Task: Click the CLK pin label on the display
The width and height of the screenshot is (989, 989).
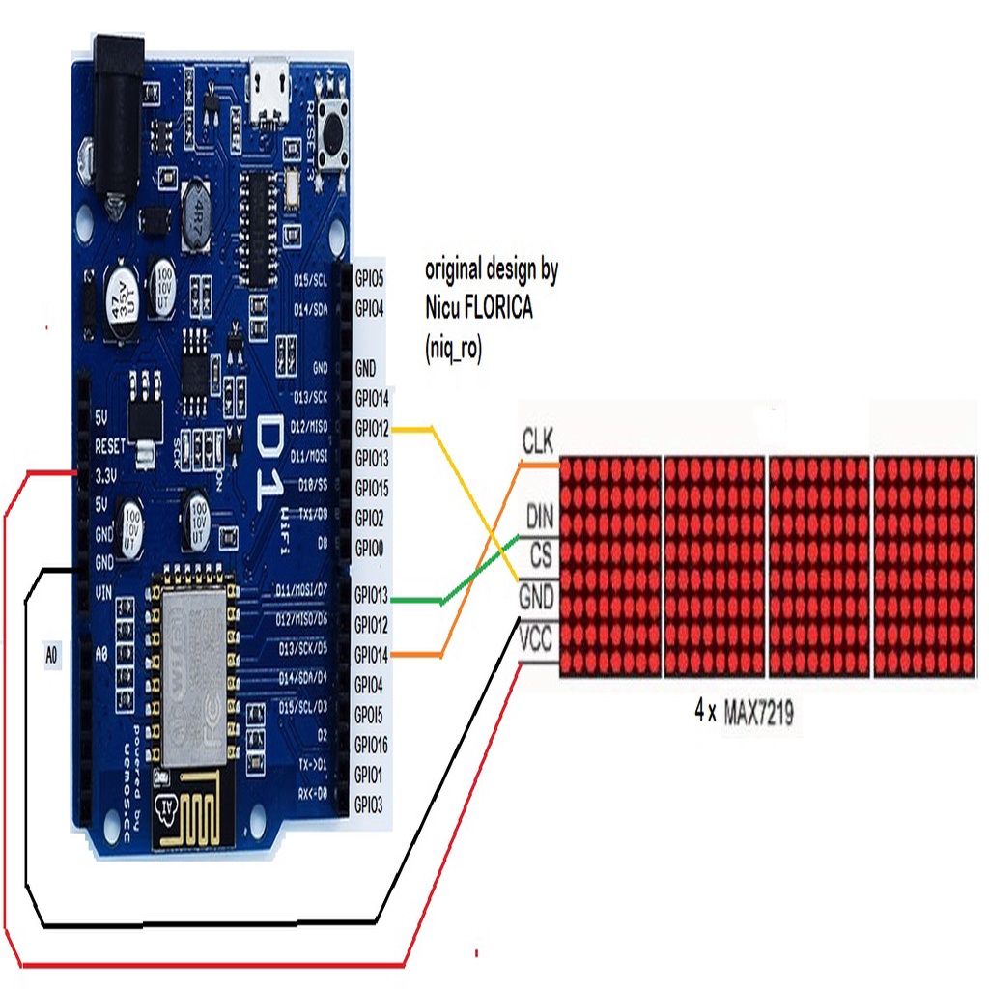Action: (537, 442)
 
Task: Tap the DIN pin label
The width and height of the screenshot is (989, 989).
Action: (539, 517)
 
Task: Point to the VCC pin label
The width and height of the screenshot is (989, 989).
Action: (536, 639)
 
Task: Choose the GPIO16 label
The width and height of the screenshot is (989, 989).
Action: (371, 745)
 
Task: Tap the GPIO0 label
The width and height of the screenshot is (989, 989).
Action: (369, 549)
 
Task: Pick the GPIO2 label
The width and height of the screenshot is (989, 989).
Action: (369, 518)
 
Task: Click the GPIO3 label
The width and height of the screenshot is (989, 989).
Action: (369, 804)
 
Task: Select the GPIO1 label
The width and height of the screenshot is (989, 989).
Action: (369, 775)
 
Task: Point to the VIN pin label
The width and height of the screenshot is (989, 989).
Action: (105, 591)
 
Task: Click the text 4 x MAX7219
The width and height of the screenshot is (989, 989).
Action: (744, 714)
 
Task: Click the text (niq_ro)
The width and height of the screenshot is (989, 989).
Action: (453, 350)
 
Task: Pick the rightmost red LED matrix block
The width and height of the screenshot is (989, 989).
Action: (923, 567)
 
